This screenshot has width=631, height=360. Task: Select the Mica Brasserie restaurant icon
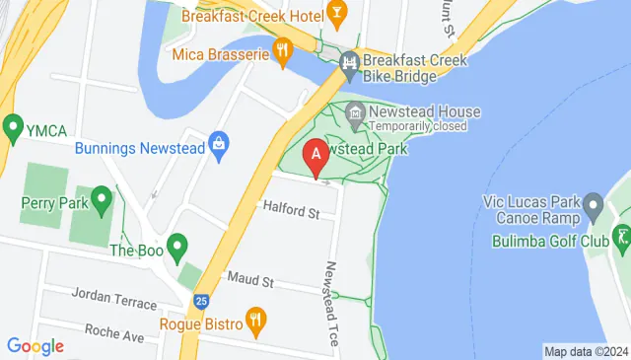283,53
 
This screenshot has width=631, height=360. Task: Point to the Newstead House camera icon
355,112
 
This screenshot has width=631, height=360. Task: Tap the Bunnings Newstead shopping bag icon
220,149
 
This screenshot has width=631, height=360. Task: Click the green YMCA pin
13,126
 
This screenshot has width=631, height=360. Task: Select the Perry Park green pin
101,202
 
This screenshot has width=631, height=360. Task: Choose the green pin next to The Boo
177,245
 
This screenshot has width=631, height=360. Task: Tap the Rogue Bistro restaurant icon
255,319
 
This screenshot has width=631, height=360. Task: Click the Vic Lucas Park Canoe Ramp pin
593,207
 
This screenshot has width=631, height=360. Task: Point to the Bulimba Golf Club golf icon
621,237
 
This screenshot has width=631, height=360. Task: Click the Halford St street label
292,210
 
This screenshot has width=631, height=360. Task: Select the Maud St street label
249,282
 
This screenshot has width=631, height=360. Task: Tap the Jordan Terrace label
114,302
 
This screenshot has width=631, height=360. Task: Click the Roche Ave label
114,332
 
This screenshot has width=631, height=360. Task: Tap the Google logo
35,346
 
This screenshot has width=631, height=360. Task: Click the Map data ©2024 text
586,351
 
